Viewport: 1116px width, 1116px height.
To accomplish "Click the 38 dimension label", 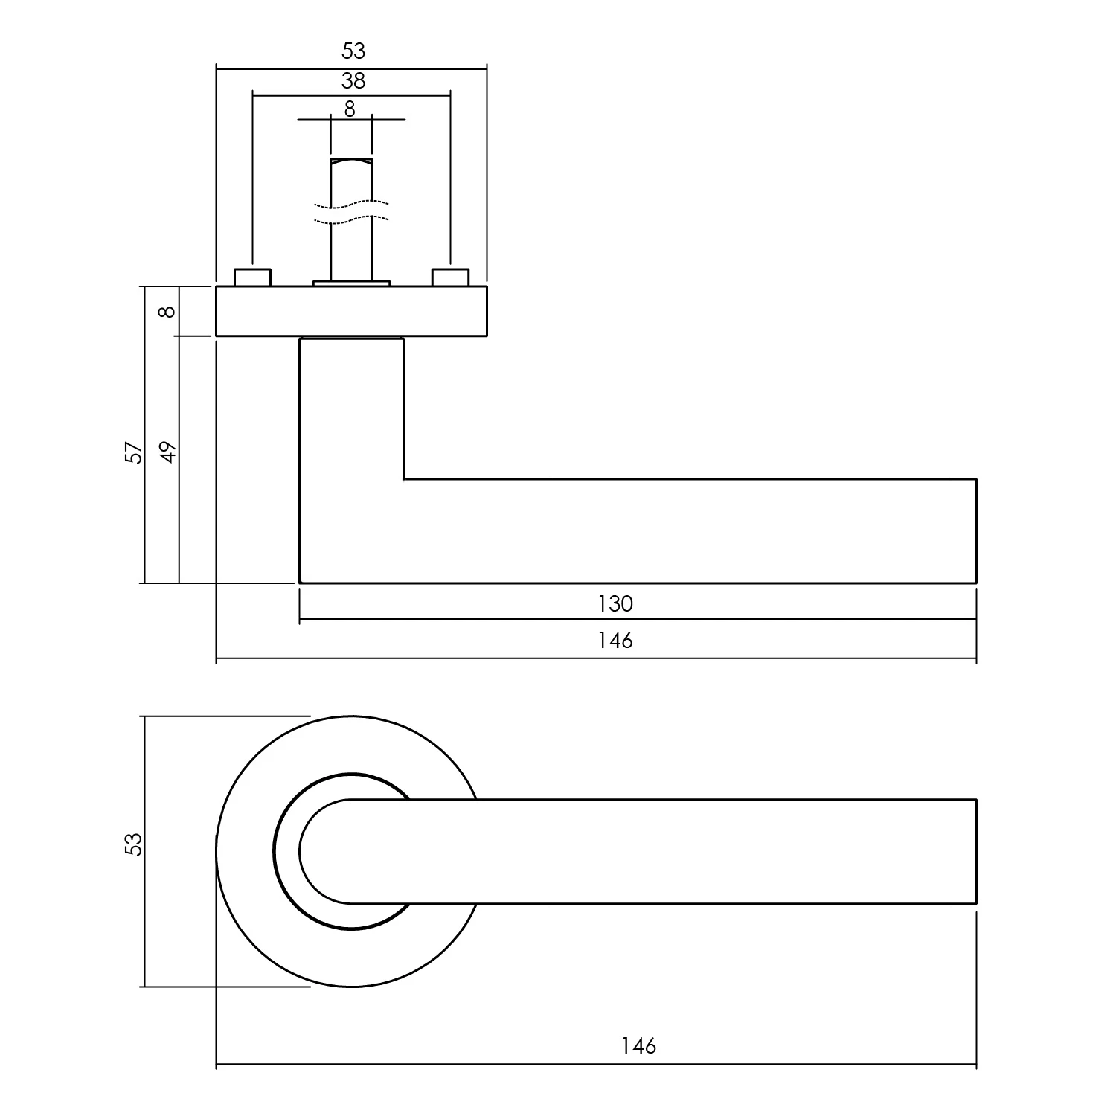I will (x=353, y=80).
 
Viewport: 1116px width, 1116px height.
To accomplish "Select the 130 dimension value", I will (x=615, y=603).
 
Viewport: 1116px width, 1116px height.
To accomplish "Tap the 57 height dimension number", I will (x=133, y=452).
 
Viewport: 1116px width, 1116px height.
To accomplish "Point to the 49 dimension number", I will (x=168, y=452).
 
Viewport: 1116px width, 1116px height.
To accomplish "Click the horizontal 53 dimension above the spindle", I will (x=353, y=51).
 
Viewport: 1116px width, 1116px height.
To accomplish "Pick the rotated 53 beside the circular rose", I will (x=133, y=844).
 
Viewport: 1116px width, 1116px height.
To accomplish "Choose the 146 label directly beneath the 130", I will (x=615, y=640).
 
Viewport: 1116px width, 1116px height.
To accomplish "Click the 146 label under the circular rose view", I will (x=638, y=1047).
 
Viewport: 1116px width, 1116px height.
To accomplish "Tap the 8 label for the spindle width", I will (x=350, y=109).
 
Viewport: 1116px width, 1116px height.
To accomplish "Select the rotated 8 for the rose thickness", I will (x=168, y=311).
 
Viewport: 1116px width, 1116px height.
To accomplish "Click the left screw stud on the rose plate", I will (x=253, y=277).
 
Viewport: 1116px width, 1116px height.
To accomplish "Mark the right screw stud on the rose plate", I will (x=450, y=277).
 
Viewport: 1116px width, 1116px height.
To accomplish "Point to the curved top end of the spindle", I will (x=351, y=161).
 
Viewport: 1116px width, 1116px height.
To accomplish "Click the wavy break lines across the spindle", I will (x=351, y=211).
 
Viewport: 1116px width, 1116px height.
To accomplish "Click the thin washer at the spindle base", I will (x=351, y=283).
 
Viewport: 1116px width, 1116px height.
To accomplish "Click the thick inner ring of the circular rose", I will (x=279, y=852).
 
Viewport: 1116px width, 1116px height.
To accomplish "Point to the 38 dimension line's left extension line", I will (x=253, y=179).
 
